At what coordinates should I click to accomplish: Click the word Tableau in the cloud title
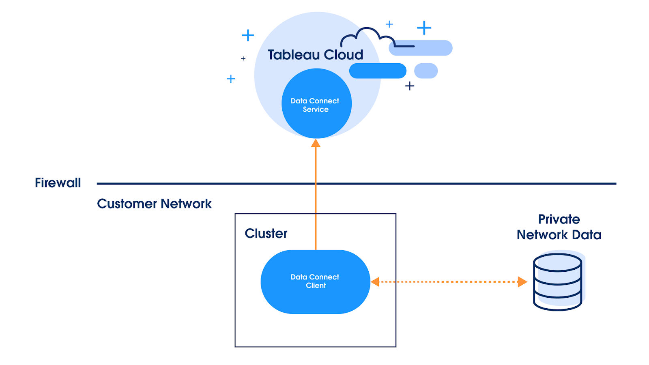[294, 55]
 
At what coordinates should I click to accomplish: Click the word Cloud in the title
[343, 55]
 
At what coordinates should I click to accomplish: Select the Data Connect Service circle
[316, 122]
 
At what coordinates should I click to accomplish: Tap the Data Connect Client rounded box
[315, 300]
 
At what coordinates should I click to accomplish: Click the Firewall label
[58, 183]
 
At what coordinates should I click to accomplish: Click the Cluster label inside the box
[266, 234]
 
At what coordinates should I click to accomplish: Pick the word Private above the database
[559, 219]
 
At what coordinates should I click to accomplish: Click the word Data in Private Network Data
[587, 235]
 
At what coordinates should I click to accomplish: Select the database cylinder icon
[558, 282]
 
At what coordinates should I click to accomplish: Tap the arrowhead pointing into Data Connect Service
[316, 143]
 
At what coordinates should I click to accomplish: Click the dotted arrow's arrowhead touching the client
[375, 282]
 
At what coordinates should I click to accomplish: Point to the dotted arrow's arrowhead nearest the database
[522, 282]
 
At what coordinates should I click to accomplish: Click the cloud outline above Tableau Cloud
[367, 34]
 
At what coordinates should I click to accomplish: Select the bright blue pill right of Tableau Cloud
[378, 71]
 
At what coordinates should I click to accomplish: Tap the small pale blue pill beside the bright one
[426, 71]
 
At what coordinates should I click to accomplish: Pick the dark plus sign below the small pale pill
[410, 86]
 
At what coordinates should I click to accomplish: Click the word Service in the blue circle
[316, 109]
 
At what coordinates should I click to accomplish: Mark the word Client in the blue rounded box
[316, 286]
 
